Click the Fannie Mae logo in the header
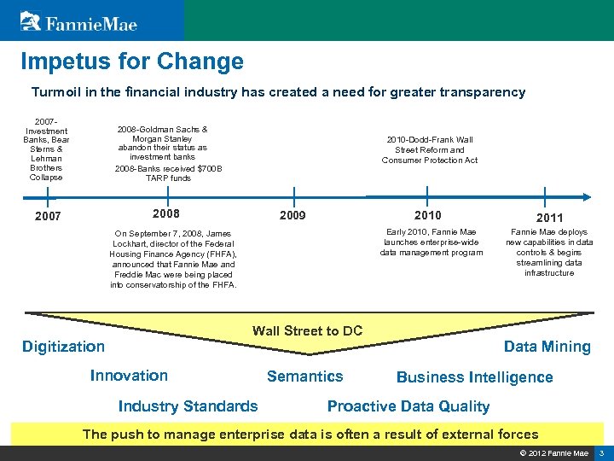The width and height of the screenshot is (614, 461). click(79, 21)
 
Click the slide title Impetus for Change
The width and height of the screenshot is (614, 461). click(132, 61)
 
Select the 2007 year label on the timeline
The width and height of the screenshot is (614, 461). click(47, 217)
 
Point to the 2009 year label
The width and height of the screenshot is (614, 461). click(293, 216)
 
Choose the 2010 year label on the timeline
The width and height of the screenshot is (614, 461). click(427, 215)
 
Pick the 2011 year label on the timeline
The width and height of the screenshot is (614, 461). click(549, 218)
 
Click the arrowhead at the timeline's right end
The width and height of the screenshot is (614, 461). click(582, 198)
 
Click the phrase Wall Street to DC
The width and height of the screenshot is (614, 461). click(307, 331)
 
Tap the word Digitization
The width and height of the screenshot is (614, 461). click(63, 347)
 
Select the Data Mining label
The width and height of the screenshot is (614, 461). click(547, 347)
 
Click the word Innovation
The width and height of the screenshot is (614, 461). click(129, 376)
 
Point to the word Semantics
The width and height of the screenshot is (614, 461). click(304, 376)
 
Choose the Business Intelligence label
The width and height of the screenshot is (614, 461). click(474, 377)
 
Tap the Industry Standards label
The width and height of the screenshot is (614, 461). click(188, 406)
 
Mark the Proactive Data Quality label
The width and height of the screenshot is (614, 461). click(408, 406)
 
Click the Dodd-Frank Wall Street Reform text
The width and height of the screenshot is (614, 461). click(429, 149)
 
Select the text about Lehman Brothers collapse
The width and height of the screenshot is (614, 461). click(46, 149)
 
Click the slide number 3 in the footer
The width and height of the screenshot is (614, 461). click(601, 452)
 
